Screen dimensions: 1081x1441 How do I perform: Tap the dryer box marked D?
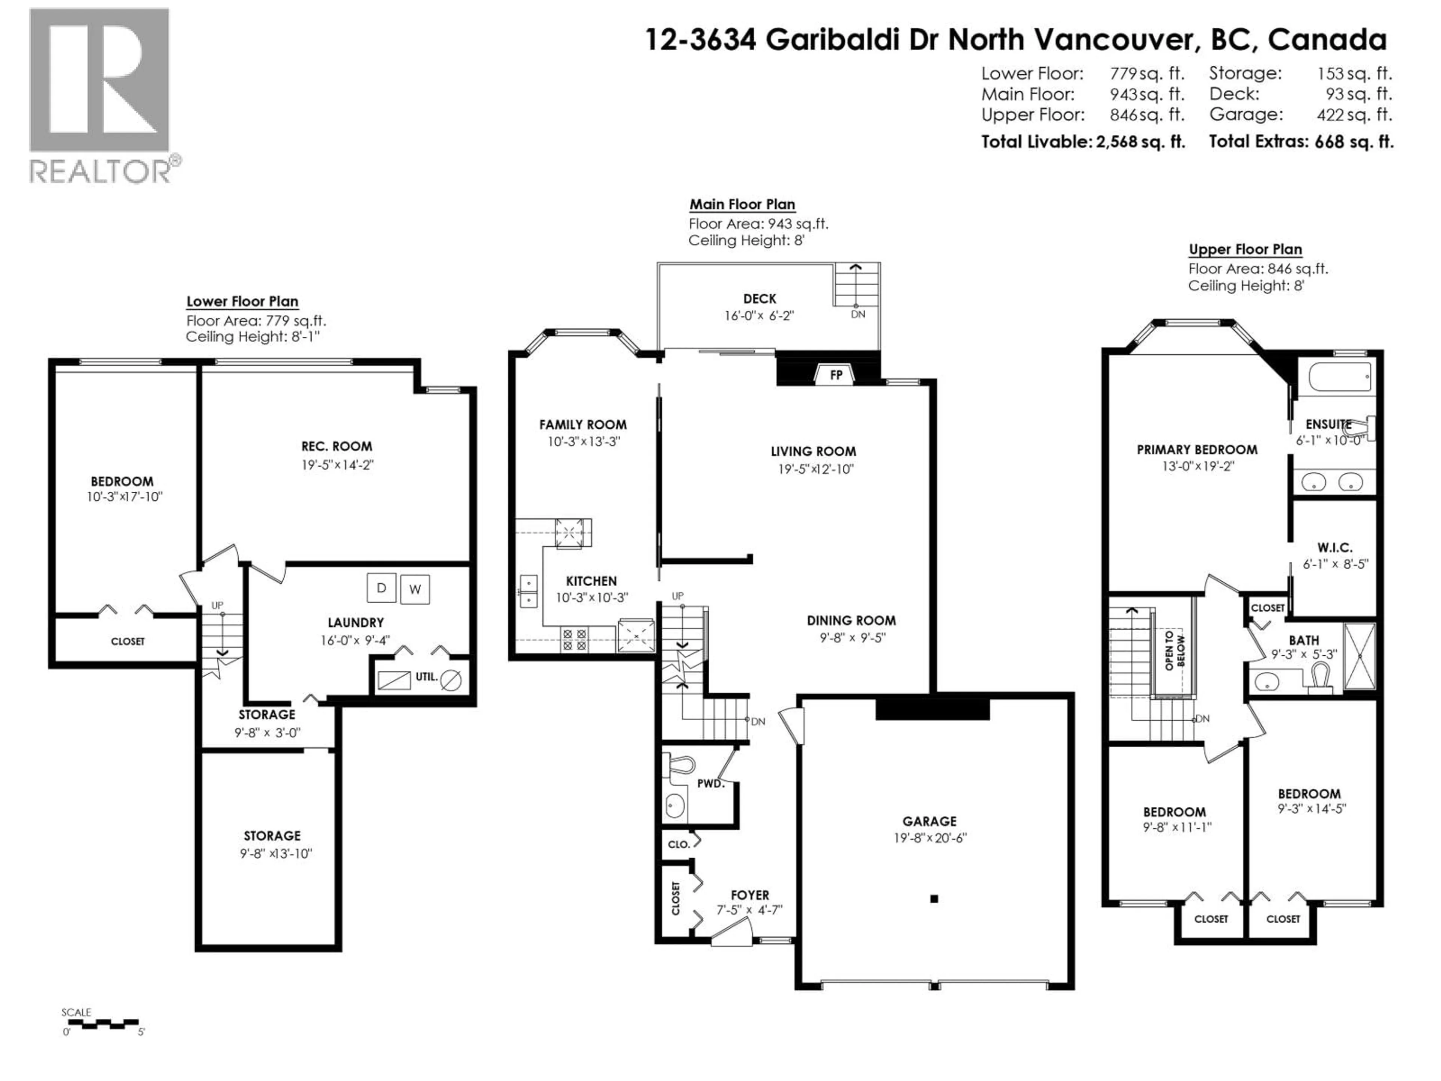[381, 588]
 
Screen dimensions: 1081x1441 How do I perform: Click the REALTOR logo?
[101, 95]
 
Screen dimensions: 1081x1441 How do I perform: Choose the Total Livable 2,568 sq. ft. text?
[1083, 142]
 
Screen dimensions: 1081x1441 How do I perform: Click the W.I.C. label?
[1335, 547]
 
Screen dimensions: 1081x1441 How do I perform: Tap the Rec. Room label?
[337, 446]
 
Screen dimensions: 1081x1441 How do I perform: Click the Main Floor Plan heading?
[742, 204]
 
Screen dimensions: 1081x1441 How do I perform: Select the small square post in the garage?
[934, 899]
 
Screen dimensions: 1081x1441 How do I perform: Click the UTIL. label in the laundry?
[427, 677]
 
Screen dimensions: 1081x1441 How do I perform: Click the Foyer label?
[750, 895]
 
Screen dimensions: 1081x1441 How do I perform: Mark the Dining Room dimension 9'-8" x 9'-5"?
[852, 637]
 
